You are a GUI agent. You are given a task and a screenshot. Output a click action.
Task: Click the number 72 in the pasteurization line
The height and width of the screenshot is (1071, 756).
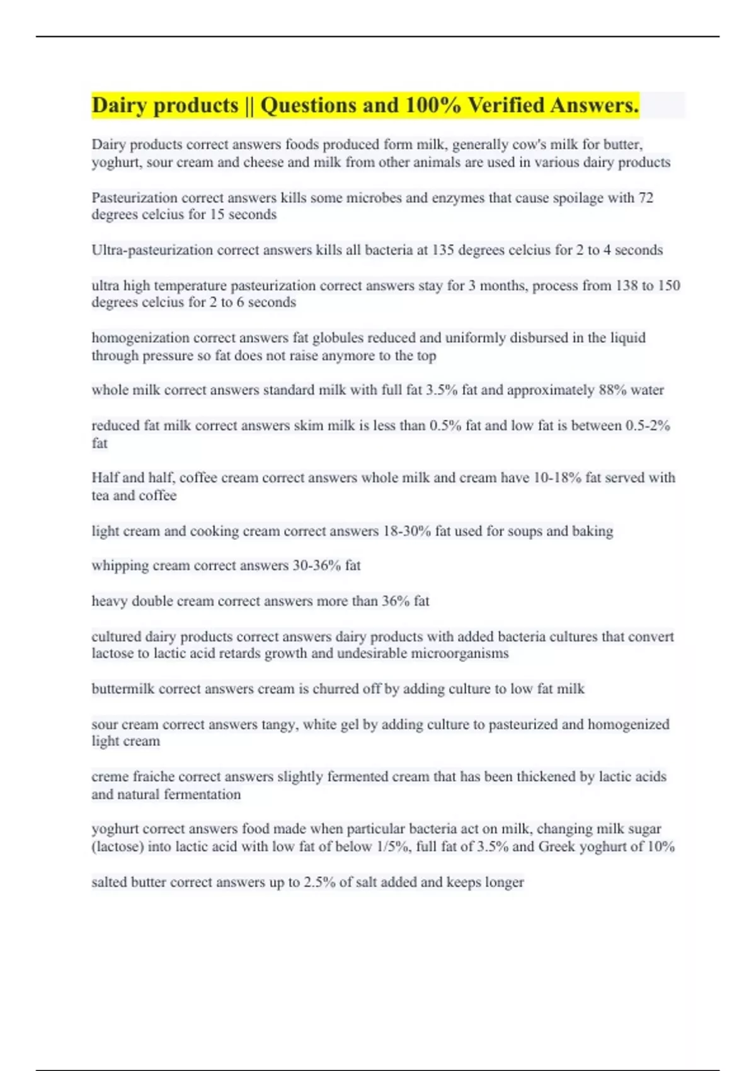tap(645, 198)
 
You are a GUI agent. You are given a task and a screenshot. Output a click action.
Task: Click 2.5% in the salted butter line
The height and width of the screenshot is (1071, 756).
tap(319, 882)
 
